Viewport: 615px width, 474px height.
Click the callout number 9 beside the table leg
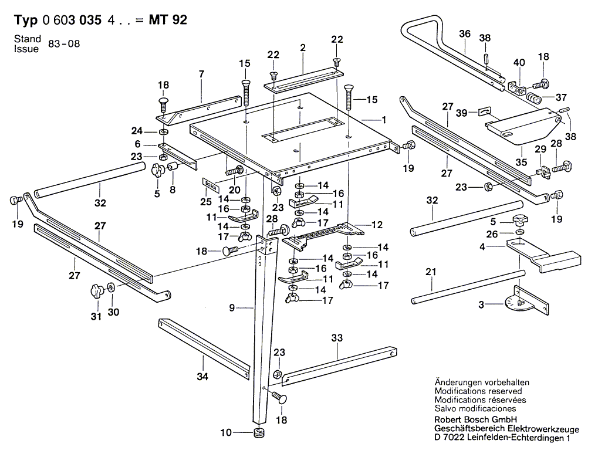click(232, 307)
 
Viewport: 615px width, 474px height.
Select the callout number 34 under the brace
click(202, 377)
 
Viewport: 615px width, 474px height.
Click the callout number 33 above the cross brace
click(336, 338)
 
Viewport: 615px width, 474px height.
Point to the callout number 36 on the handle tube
click(465, 34)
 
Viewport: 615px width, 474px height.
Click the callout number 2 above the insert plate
click(303, 48)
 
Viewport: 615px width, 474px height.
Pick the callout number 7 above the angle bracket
click(201, 74)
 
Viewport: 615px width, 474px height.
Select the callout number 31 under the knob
click(96, 317)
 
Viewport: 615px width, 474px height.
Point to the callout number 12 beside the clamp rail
click(376, 225)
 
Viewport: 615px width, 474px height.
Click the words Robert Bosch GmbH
click(475, 419)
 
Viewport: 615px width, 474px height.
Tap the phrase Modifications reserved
click(478, 391)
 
